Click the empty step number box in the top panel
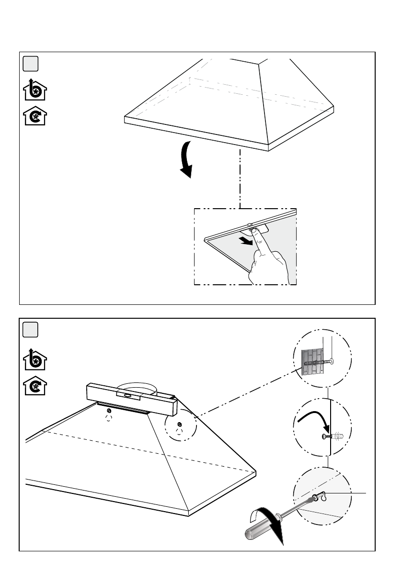[x=31, y=64]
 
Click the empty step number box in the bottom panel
[x=31, y=330]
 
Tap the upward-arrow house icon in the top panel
[x=35, y=89]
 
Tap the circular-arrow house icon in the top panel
[x=35, y=116]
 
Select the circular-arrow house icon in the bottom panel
[x=35, y=384]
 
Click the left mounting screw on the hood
[x=110, y=411]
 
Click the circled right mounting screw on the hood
[x=179, y=424]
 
